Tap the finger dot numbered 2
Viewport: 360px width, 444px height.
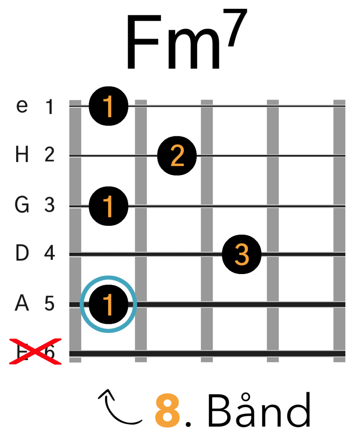point(177,155)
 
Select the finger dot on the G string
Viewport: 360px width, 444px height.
point(108,206)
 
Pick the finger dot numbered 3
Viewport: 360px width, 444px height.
point(241,255)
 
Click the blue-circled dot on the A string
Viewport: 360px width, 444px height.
point(108,304)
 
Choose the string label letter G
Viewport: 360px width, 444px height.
point(22,205)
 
